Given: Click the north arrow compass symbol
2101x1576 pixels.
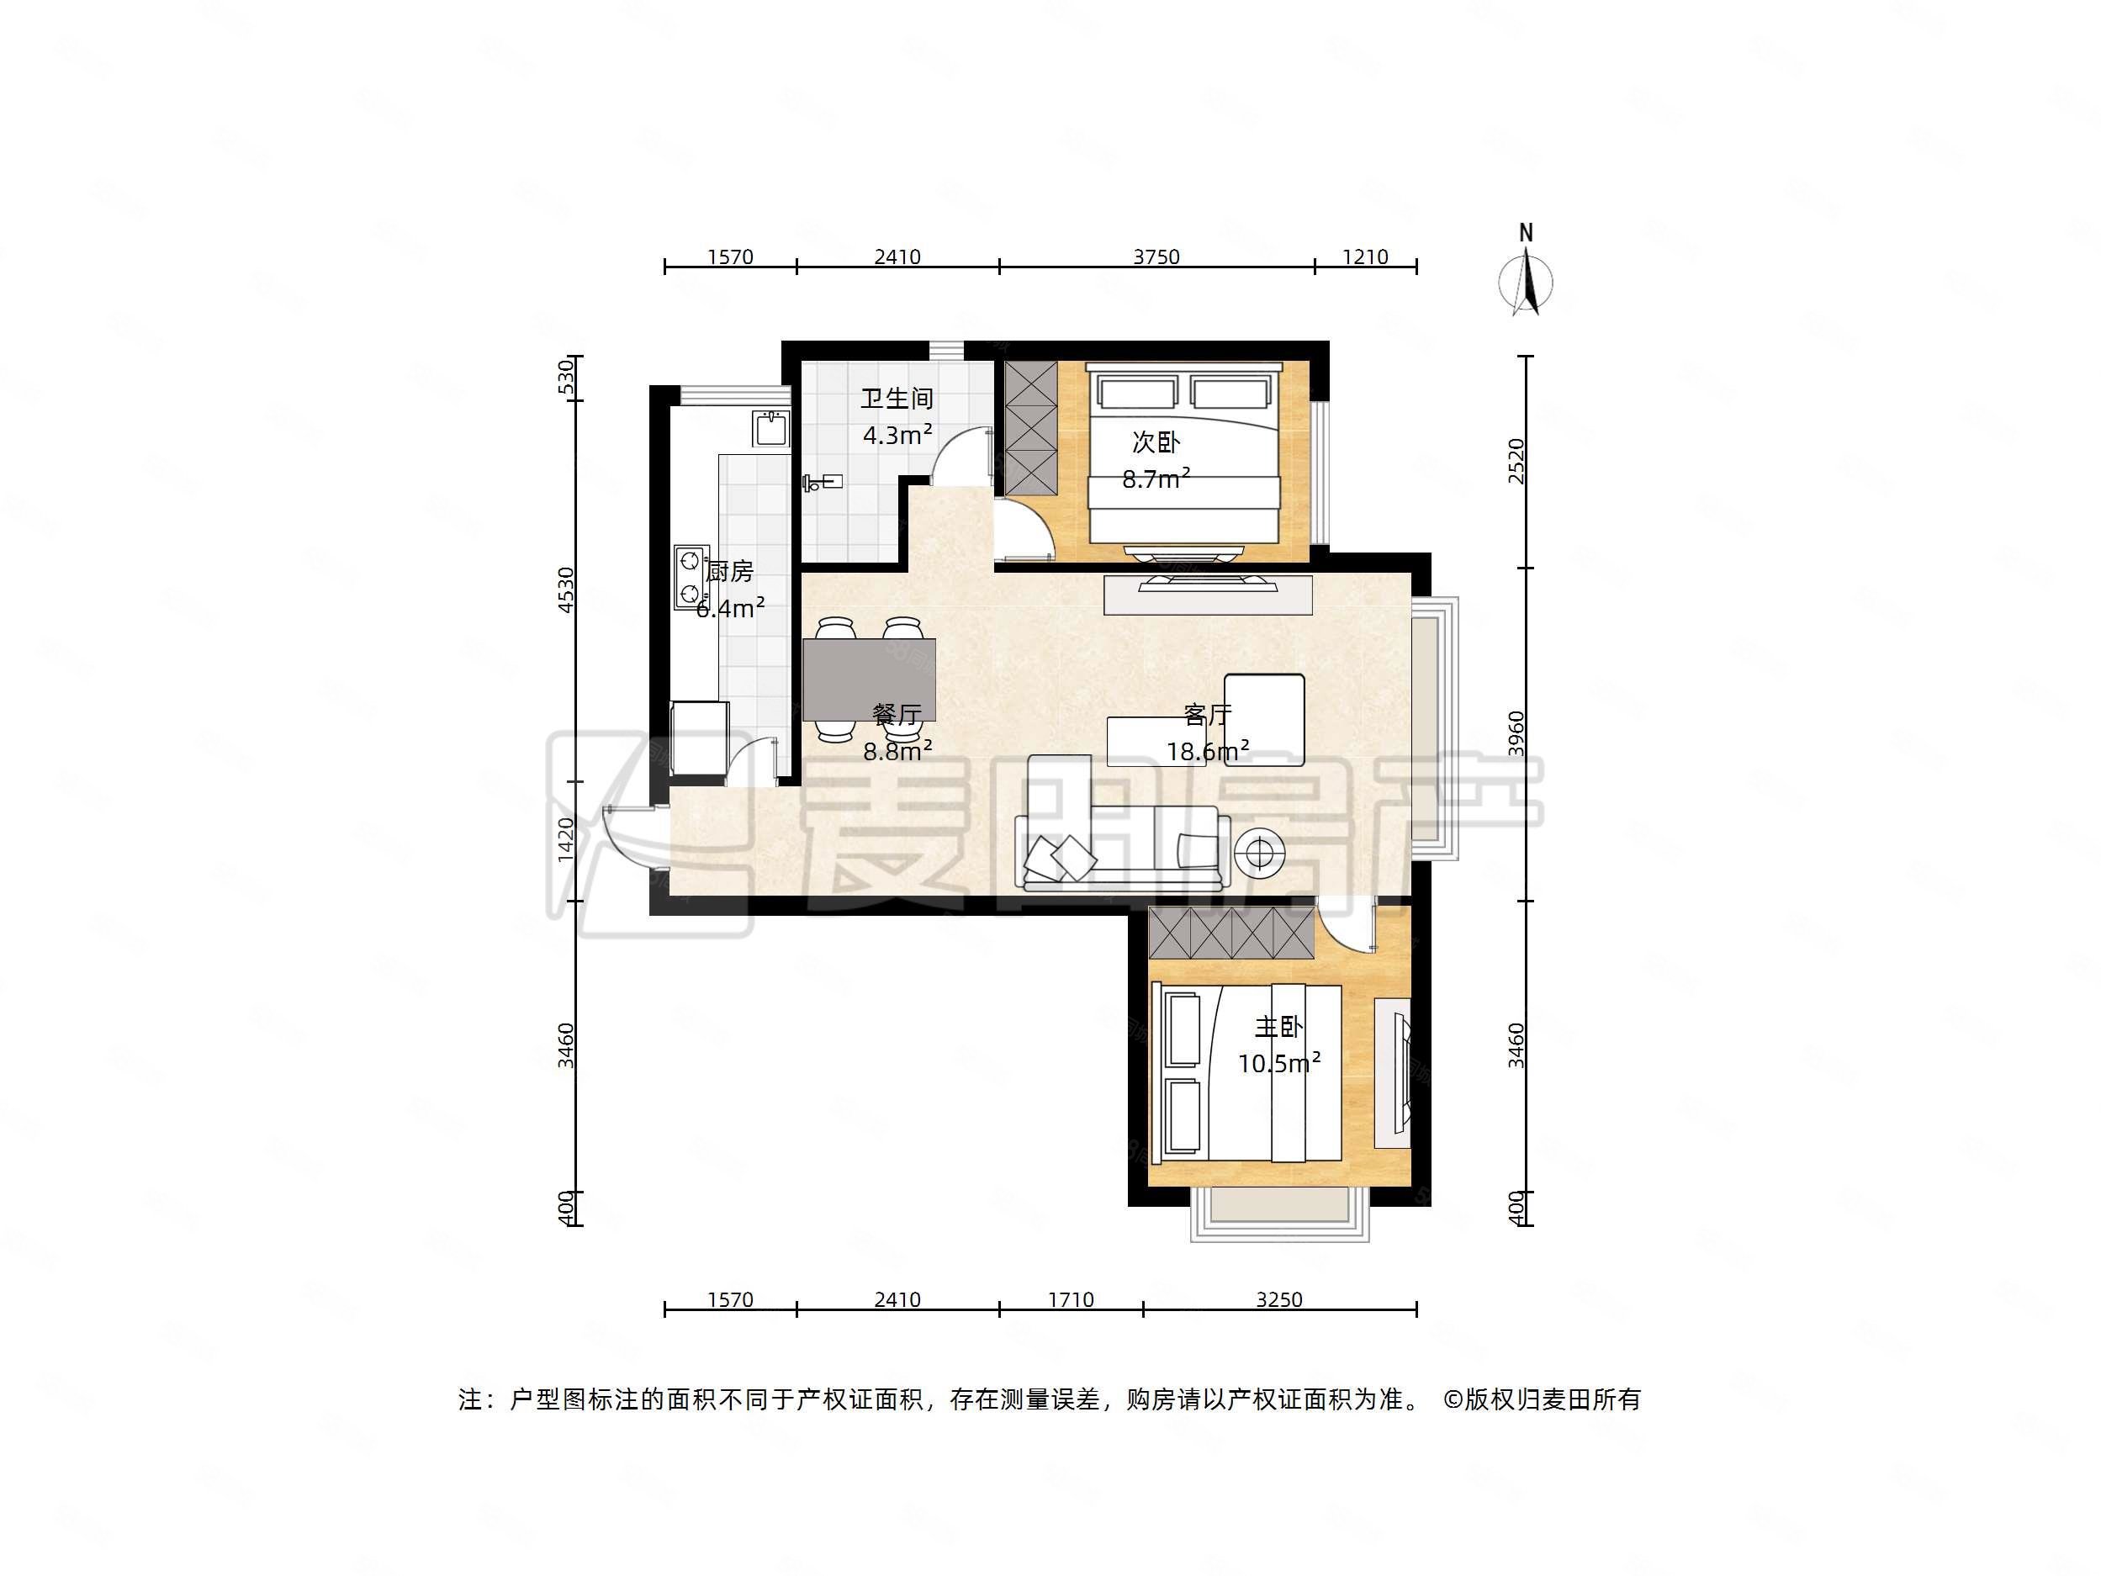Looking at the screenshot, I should [1526, 280].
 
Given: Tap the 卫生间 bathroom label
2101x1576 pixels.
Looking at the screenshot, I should [897, 399].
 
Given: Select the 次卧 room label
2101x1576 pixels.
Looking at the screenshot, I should [1155, 442].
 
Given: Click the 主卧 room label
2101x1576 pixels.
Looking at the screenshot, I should [1278, 1028].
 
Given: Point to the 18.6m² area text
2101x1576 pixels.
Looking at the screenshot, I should [1207, 753].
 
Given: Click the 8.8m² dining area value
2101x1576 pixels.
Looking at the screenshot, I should [897, 752].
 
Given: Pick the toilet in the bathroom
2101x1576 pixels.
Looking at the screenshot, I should [822, 483].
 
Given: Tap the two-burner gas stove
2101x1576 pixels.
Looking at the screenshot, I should [691, 577].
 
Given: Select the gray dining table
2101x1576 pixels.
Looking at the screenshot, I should [869, 680].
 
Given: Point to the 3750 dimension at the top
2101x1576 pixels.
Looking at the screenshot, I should [1156, 256].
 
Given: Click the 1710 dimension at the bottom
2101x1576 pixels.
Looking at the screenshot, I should [1071, 1299].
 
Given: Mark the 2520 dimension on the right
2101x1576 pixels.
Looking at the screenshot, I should [1516, 461].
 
